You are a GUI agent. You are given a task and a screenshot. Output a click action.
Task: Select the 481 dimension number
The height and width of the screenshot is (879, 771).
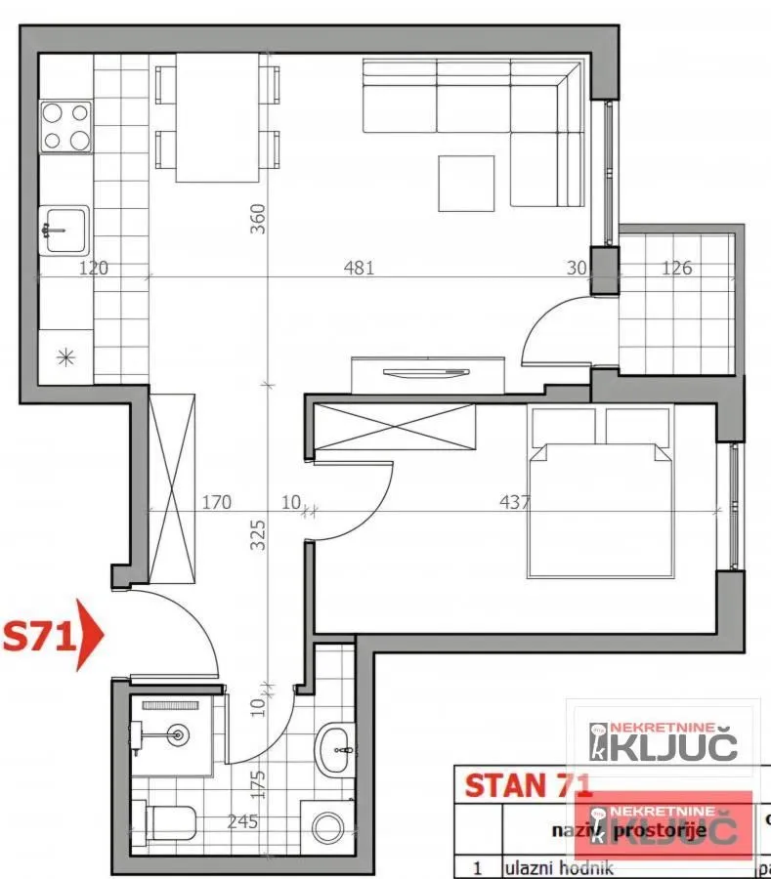359,267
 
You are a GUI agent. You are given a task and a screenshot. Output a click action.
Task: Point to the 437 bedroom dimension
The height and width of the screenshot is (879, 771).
514,503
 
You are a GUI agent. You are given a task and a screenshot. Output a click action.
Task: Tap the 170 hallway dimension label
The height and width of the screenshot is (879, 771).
216,503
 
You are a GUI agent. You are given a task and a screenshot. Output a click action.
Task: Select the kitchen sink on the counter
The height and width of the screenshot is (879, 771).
64,230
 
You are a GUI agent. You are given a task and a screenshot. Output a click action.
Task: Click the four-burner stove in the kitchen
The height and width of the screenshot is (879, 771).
65,126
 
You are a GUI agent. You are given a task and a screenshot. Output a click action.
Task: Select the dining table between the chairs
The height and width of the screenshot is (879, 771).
218,117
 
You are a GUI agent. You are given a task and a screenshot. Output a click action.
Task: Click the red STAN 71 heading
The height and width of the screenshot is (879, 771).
528,785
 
